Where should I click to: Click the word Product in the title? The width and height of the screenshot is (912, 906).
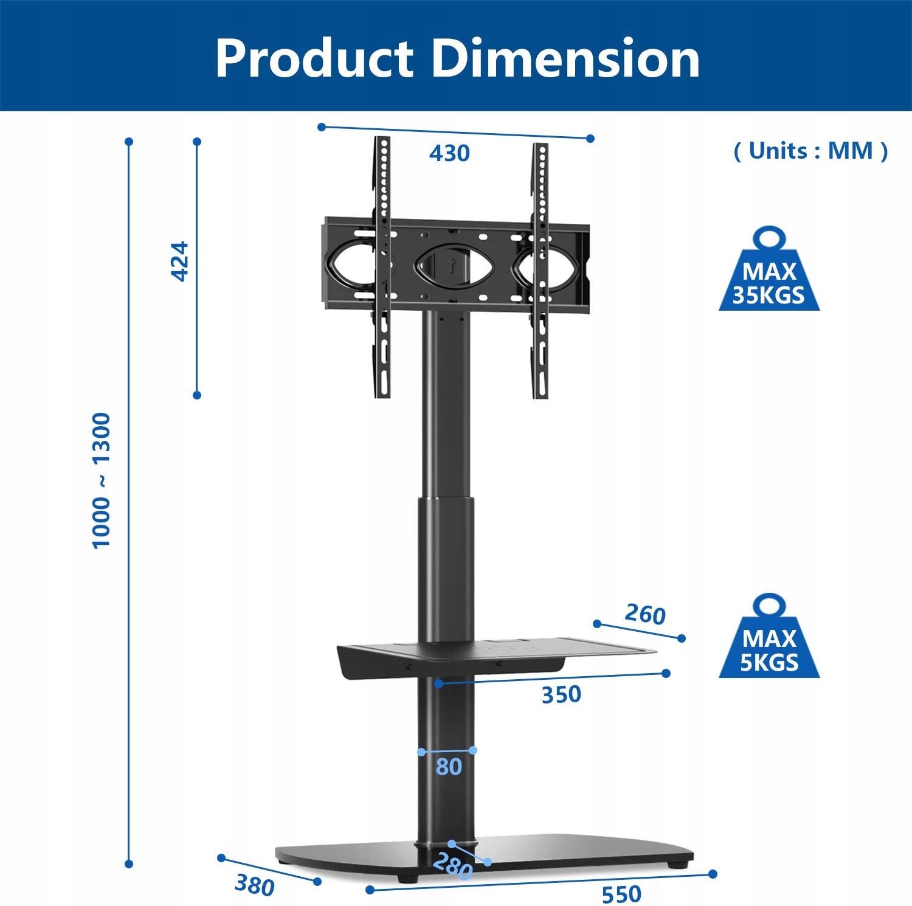[314, 58]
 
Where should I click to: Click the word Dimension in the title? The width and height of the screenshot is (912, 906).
[565, 58]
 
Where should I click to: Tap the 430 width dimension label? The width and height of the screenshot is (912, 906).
[449, 153]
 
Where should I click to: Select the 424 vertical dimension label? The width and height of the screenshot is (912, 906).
[180, 261]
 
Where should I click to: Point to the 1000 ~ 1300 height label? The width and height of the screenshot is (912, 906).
[101, 480]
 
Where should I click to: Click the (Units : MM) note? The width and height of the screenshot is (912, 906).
[810, 150]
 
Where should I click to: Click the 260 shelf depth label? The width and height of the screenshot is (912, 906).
[645, 614]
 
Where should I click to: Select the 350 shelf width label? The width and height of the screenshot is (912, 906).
[561, 694]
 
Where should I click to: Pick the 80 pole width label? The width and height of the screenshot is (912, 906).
[449, 767]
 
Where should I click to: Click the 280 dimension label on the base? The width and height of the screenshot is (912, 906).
[453, 866]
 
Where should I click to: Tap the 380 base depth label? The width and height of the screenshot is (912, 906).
[255, 885]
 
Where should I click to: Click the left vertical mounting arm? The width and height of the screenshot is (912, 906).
[382, 268]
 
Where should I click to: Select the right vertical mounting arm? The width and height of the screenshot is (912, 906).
[540, 271]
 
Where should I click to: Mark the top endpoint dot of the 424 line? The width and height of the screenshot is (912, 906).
[197, 142]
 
